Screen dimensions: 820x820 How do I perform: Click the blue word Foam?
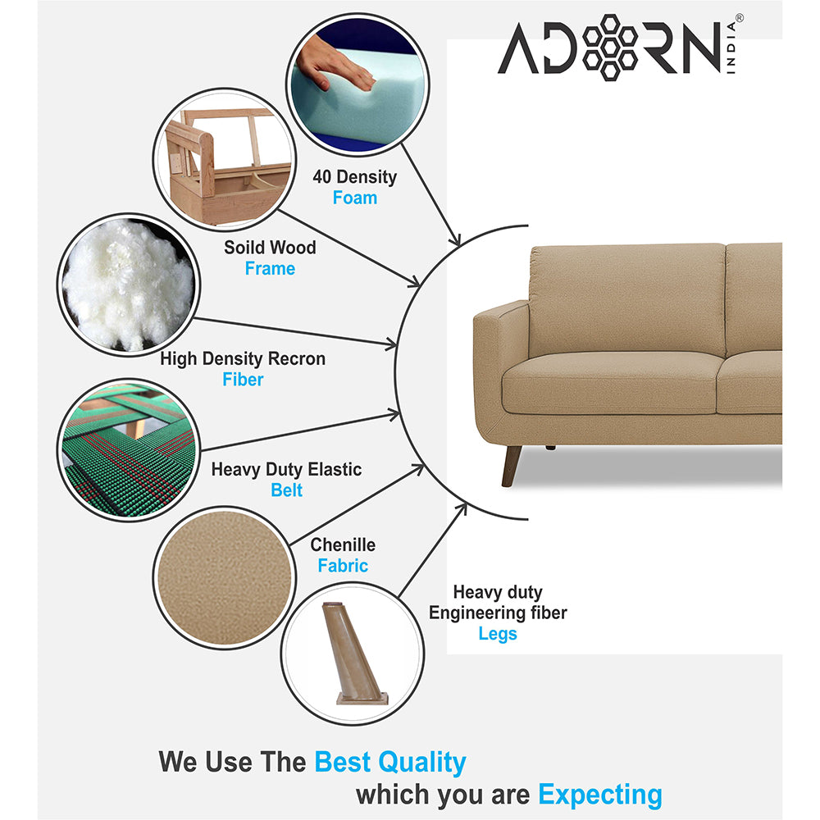(x=355, y=198)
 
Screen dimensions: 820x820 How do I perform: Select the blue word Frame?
(x=270, y=268)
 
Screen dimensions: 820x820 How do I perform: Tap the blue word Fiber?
(x=243, y=380)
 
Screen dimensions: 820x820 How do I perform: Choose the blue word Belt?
(x=286, y=490)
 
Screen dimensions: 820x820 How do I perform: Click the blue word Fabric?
(x=343, y=566)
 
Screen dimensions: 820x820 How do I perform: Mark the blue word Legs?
(x=498, y=634)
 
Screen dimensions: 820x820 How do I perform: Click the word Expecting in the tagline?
(x=600, y=794)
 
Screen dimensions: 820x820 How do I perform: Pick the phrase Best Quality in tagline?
(x=390, y=762)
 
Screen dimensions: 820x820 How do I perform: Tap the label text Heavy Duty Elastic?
(x=286, y=470)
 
